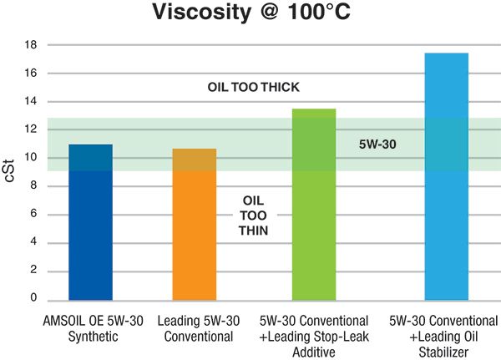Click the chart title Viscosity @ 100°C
click(x=250, y=14)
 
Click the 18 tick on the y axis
click(x=33, y=45)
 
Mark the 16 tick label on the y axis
click(x=33, y=74)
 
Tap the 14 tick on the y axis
click(x=33, y=102)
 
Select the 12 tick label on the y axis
click(x=33, y=129)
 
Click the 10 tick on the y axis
click(x=33, y=158)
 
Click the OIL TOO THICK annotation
click(x=253, y=88)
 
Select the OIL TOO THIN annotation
click(x=255, y=215)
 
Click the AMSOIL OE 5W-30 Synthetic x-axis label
click(x=89, y=329)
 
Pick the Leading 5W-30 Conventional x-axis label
click(x=198, y=329)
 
